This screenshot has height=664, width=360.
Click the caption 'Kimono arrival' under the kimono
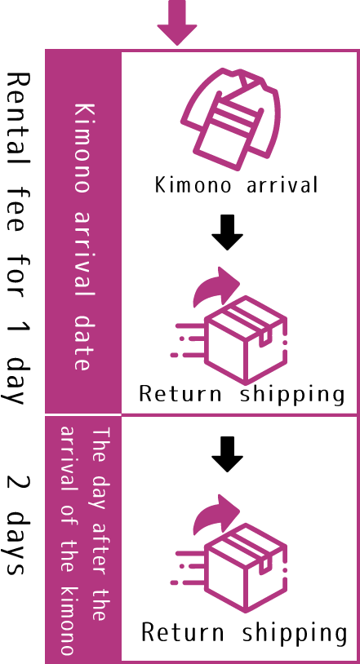236,185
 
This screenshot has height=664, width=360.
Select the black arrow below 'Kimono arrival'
227,232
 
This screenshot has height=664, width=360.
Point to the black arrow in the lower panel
227,454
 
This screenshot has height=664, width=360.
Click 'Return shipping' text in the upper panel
242,395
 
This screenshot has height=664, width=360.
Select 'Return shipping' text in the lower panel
244,634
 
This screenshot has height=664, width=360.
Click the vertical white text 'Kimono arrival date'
82,237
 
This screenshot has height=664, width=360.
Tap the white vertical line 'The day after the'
100,525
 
